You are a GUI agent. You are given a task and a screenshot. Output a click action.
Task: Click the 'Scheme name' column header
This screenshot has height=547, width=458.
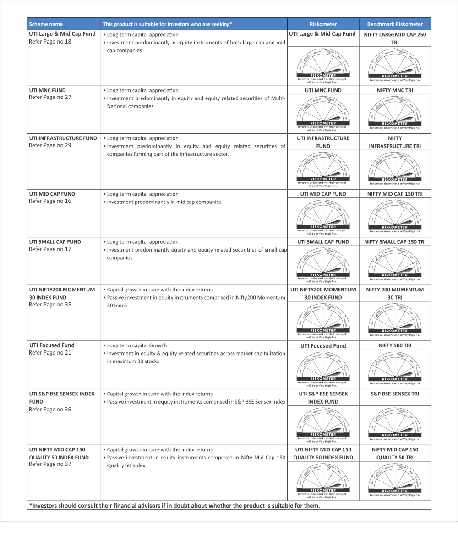tap(46, 24)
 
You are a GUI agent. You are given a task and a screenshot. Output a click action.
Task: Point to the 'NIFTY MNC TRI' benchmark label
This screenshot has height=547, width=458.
tap(395, 90)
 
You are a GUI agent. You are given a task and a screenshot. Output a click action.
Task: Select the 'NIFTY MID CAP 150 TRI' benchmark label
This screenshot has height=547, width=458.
tap(395, 194)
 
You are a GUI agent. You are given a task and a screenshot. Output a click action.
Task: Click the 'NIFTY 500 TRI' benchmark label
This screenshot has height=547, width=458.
tap(395, 345)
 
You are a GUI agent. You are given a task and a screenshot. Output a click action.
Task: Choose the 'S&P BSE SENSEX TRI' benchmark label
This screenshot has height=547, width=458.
tap(395, 393)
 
